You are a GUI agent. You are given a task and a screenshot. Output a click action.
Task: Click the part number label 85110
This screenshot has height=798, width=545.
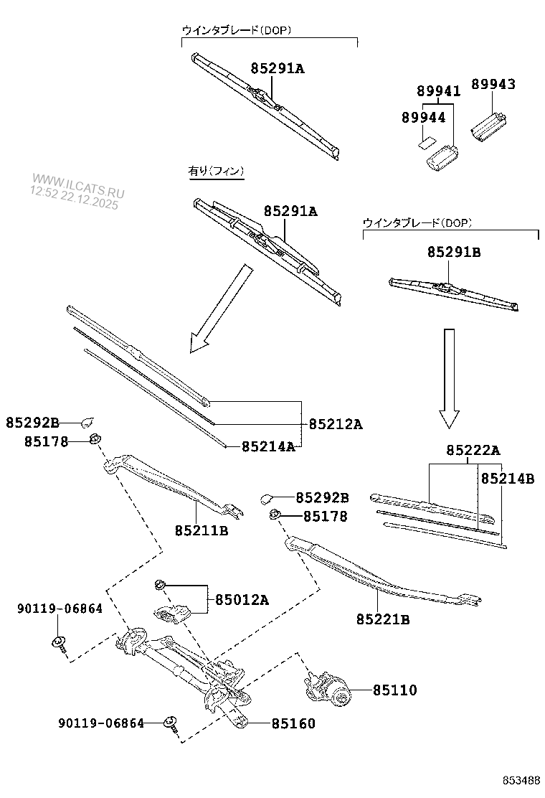pyautogui.click(x=394, y=690)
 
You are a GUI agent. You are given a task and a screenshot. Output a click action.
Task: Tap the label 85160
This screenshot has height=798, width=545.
pyautogui.click(x=293, y=724)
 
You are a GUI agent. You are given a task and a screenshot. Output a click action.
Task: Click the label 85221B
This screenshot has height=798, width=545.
pyautogui.click(x=383, y=619)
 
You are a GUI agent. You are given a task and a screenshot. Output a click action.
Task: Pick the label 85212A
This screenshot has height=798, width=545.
pyautogui.click(x=336, y=424)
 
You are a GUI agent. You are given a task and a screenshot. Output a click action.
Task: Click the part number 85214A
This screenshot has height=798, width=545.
pyautogui.click(x=268, y=446)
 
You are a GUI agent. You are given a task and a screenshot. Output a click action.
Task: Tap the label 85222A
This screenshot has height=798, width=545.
pyautogui.click(x=473, y=450)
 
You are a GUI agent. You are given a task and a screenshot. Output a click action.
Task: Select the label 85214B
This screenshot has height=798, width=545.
pyautogui.click(x=507, y=478)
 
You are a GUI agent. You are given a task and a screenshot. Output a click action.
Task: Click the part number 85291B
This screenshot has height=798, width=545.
pyautogui.click(x=454, y=252)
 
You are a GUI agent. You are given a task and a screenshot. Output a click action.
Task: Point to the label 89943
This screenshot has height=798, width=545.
pyautogui.click(x=493, y=84)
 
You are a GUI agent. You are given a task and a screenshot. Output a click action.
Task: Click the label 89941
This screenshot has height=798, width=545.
pyautogui.click(x=439, y=91)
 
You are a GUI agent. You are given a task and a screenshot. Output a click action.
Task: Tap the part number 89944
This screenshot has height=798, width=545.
pyautogui.click(x=423, y=117)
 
